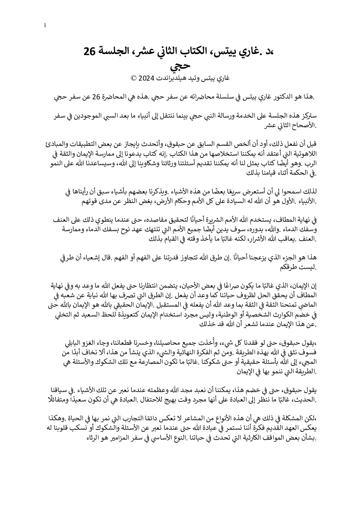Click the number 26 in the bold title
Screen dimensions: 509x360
(x=91, y=52)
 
